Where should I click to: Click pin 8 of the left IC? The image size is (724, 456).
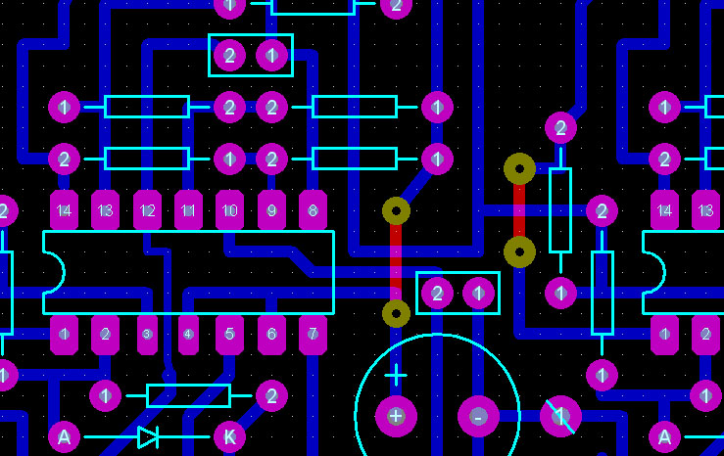[x=313, y=210]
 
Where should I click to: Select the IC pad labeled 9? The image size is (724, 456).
[x=271, y=210]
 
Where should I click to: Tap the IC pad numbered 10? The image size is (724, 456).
[x=229, y=210]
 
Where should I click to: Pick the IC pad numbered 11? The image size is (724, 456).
[x=188, y=210]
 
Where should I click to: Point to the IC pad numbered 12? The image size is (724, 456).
[x=147, y=210]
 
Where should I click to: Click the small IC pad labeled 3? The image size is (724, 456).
[x=147, y=335]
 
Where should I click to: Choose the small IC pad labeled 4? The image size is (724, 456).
[x=188, y=335]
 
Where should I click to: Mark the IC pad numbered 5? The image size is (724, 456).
[x=229, y=335]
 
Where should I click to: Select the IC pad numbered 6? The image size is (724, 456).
[x=271, y=335]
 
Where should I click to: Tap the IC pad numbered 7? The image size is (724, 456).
[x=313, y=335]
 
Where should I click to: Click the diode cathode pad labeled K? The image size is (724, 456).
[x=229, y=436]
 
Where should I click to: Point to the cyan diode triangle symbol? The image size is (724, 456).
[x=148, y=436]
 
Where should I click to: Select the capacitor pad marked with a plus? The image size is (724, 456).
[x=396, y=416]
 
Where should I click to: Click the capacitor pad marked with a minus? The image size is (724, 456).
[x=478, y=416]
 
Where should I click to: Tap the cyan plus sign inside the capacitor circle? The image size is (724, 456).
[x=396, y=375]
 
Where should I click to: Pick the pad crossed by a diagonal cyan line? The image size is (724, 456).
[x=560, y=416]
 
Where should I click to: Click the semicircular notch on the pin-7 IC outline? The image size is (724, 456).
[x=54, y=273]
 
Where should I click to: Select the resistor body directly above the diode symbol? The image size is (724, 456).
[x=188, y=395]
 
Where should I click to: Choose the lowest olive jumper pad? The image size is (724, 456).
[x=396, y=313]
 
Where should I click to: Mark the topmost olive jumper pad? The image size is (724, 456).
[x=519, y=168]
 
